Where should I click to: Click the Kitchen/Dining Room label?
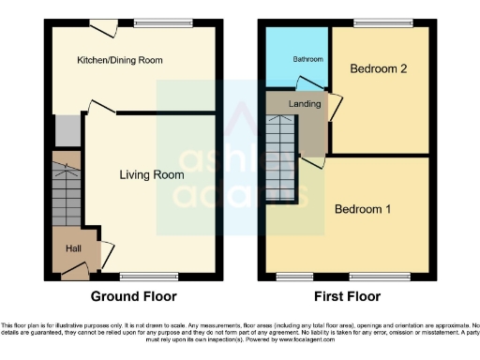click(120, 61)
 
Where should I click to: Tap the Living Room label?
click(150, 174)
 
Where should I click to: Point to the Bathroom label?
click(307, 59)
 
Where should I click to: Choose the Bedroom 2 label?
click(380, 68)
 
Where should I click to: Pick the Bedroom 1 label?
click(363, 208)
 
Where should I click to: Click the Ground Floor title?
click(133, 296)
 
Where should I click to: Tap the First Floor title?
click(348, 296)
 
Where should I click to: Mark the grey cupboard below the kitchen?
click(66, 129)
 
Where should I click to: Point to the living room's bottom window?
click(138, 277)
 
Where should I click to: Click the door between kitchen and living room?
click(101, 109)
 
